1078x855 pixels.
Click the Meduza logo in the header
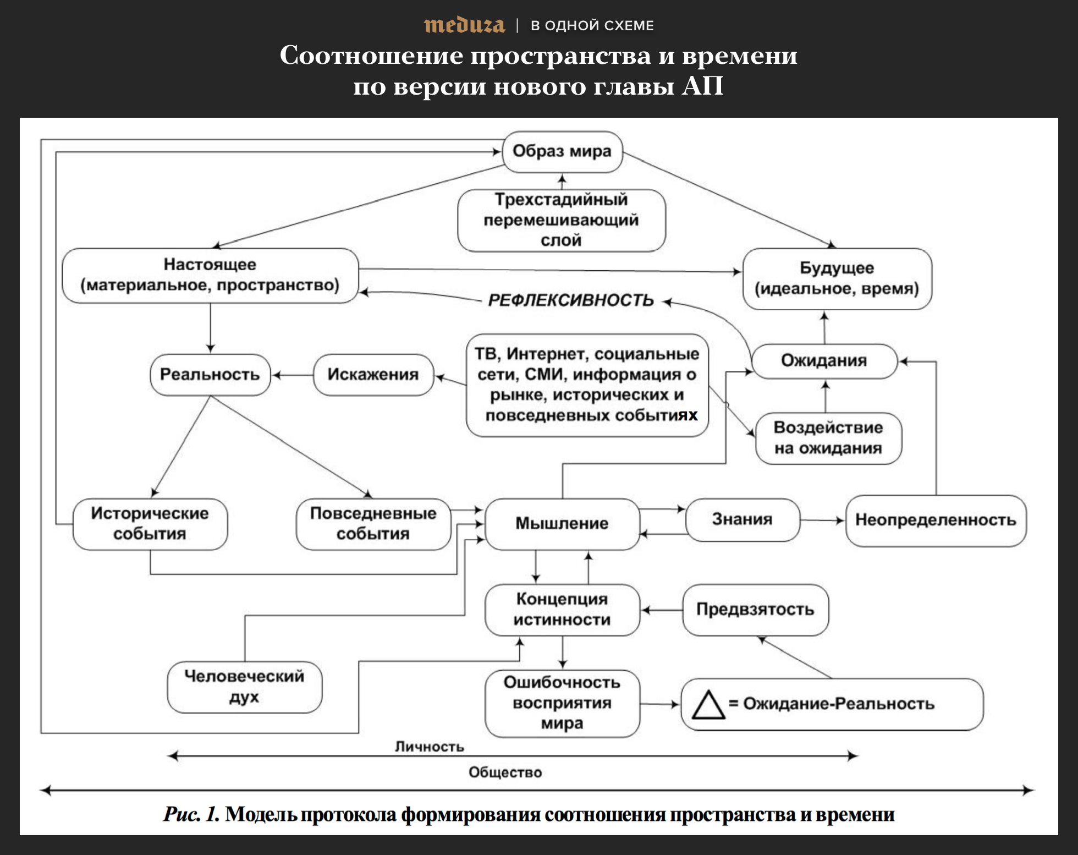point(464,25)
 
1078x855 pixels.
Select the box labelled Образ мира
point(562,151)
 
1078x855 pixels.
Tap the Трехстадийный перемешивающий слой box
point(561,220)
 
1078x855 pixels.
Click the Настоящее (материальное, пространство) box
point(210,275)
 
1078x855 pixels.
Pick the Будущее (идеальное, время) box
point(837,278)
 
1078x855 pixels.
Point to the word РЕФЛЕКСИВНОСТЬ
point(571,300)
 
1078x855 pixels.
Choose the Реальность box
point(210,375)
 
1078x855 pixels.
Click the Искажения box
point(373,375)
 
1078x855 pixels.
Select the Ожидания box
point(823,361)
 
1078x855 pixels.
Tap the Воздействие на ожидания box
point(828,438)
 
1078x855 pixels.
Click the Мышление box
point(562,523)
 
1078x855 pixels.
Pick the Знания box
point(742,519)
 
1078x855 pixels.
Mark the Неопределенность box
point(935,520)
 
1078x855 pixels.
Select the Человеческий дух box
point(244,687)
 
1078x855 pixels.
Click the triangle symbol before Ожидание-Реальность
point(708,705)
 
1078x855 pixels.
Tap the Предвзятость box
point(755,610)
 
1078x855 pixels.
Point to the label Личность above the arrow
point(430,747)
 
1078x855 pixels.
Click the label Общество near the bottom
point(505,772)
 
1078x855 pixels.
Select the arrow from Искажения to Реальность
point(293,375)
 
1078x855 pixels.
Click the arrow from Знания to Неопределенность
point(822,520)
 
